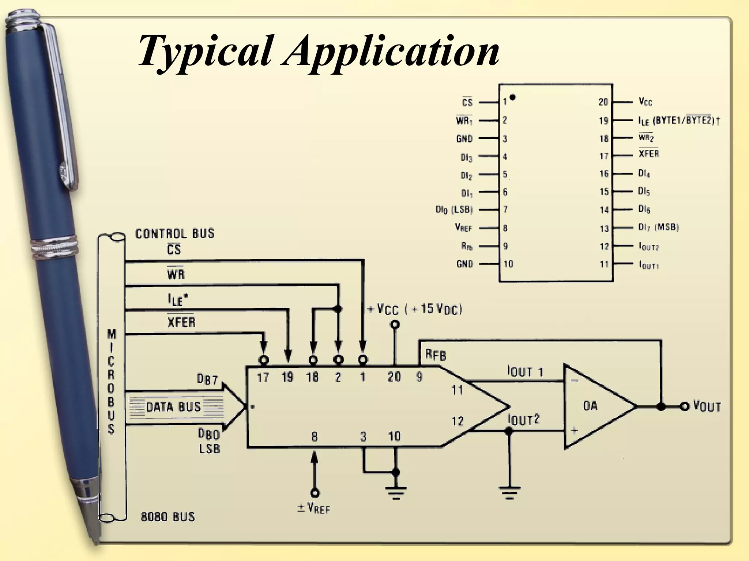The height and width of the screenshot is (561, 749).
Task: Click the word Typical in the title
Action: pyautogui.click(x=205, y=51)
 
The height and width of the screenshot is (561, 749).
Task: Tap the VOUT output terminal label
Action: pyautogui.click(x=707, y=407)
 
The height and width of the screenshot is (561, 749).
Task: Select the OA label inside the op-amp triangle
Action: pyautogui.click(x=590, y=405)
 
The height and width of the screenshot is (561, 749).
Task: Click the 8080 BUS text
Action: pyautogui.click(x=168, y=517)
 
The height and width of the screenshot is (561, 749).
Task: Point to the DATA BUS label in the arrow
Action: pyautogui.click(x=173, y=407)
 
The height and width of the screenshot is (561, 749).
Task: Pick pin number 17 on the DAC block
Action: pyautogui.click(x=263, y=377)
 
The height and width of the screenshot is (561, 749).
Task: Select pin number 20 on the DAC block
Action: pyautogui.click(x=394, y=377)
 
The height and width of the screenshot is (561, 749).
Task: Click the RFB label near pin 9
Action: pyautogui.click(x=435, y=355)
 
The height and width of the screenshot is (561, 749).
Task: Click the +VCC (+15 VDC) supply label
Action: pyautogui.click(x=415, y=309)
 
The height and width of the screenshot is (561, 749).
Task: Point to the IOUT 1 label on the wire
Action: pyautogui.click(x=525, y=372)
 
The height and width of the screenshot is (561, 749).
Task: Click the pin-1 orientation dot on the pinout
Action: pyautogui.click(x=512, y=97)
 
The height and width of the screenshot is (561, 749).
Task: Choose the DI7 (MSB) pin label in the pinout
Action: pyautogui.click(x=658, y=227)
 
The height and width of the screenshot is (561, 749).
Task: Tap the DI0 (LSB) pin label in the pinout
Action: pyautogui.click(x=454, y=210)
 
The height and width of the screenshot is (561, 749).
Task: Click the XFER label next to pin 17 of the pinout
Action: pyautogui.click(x=648, y=154)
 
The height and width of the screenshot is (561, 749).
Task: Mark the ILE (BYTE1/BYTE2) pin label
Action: pyautogui.click(x=678, y=121)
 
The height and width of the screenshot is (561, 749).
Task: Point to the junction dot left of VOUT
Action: pyautogui.click(x=660, y=407)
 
